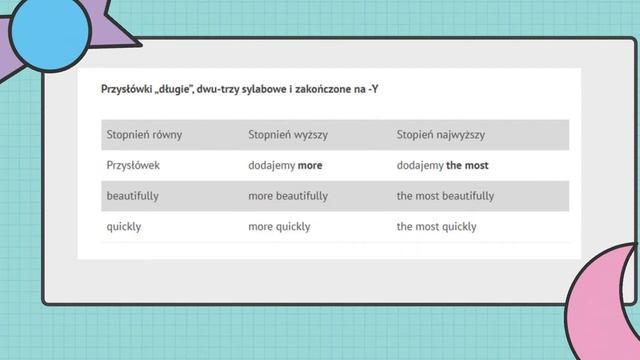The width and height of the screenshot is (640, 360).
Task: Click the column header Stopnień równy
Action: pyautogui.click(x=144, y=134)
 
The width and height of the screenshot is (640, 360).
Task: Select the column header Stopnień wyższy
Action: pyautogui.click(x=288, y=134)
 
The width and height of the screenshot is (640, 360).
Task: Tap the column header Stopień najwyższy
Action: pyautogui.click(x=441, y=134)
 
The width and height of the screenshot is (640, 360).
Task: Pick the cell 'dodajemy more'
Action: pyautogui.click(x=285, y=165)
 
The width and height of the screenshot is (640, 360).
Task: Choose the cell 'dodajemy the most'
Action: pyautogui.click(x=442, y=165)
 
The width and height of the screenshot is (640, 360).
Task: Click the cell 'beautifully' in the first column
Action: pyautogui.click(x=133, y=196)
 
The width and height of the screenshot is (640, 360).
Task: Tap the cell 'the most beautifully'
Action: pyautogui.click(x=445, y=196)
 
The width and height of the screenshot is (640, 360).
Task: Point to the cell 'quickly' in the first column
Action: pyautogui.click(x=124, y=226)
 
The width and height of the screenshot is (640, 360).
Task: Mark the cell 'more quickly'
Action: pyautogui.click(x=279, y=226)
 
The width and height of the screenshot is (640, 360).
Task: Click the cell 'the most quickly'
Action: pyautogui.click(x=436, y=226)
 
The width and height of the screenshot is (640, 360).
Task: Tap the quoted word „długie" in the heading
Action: pyautogui.click(x=177, y=90)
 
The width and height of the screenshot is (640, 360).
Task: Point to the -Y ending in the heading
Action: pyautogui.click(x=372, y=90)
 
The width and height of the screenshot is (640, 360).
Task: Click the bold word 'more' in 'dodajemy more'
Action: pyautogui.click(x=310, y=165)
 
